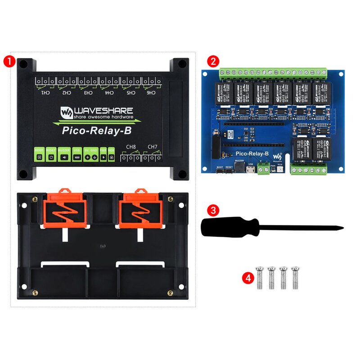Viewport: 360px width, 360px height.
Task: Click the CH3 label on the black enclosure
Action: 88,93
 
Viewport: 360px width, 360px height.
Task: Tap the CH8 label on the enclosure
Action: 130,147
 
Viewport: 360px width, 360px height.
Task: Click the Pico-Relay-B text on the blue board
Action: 252,154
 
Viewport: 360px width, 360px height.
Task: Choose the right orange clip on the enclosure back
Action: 140,210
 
